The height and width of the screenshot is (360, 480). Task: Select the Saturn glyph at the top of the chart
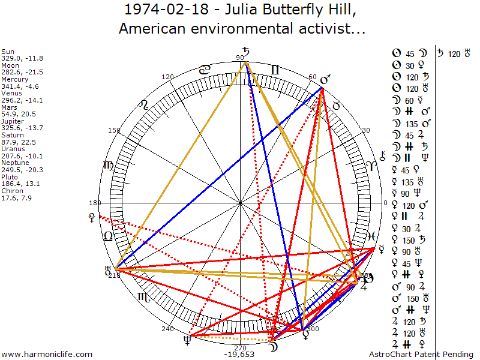(245, 52)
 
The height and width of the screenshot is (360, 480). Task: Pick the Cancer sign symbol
(205, 70)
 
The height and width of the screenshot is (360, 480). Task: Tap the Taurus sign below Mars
(337, 106)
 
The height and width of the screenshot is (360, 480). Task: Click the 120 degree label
(167, 77)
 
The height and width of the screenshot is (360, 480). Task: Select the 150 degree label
(113, 130)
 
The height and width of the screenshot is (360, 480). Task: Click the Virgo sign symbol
(108, 166)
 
